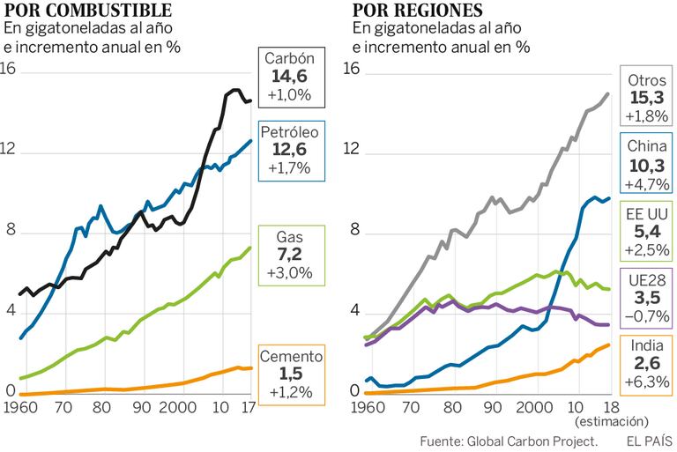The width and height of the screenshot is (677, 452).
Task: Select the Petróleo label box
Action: [289, 150]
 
